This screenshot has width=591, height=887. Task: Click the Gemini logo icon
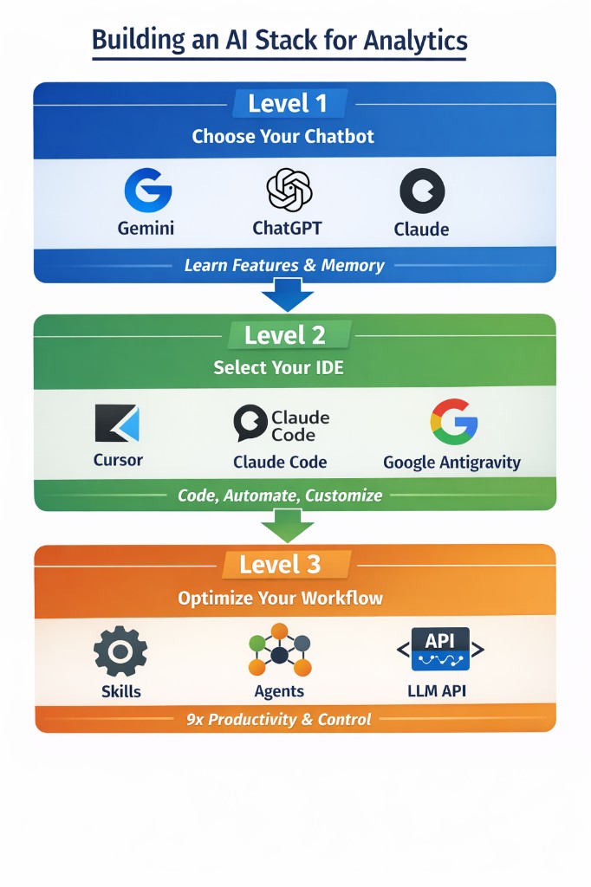147,190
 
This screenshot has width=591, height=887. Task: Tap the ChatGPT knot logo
288,190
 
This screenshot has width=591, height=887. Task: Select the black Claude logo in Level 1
422,191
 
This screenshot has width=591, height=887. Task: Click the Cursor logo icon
117,424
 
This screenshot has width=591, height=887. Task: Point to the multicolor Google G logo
454,422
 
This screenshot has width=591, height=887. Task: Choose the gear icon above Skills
120,651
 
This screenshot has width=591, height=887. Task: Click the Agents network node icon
279,650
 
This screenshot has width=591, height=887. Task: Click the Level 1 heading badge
288,104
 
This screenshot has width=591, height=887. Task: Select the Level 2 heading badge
284,335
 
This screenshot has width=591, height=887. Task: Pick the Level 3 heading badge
280,565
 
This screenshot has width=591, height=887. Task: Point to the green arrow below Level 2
287,526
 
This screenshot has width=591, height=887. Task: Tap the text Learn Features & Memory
284,265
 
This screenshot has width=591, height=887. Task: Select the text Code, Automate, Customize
280,495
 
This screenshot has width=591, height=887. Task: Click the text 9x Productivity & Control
279,719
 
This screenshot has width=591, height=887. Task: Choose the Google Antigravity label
451,463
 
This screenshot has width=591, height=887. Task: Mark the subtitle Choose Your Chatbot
283,136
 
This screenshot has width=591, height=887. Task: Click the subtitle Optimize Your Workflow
280,598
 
